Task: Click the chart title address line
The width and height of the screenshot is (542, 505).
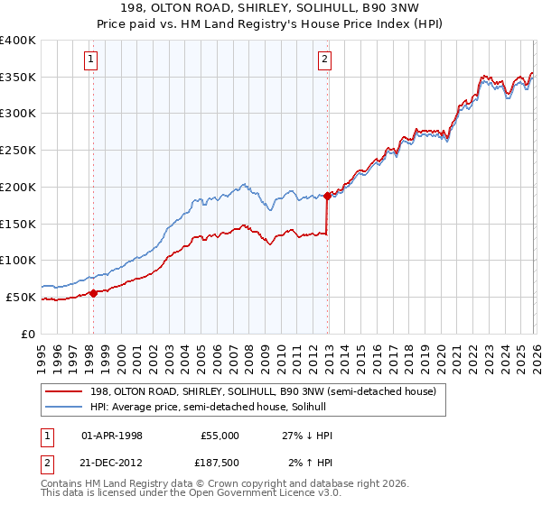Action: pyautogui.click(x=271, y=8)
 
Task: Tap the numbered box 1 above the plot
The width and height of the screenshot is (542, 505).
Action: pyautogui.click(x=92, y=60)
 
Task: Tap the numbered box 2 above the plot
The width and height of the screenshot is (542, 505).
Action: pyautogui.click(x=324, y=60)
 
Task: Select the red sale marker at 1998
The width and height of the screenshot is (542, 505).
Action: pyautogui.click(x=93, y=293)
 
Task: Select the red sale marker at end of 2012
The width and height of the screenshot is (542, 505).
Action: pyautogui.click(x=327, y=195)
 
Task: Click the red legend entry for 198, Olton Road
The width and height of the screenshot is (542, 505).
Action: pyautogui.click(x=262, y=391)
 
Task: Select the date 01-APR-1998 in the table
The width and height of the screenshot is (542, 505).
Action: pyautogui.click(x=111, y=436)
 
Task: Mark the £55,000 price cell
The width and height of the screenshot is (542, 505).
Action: pyautogui.click(x=220, y=436)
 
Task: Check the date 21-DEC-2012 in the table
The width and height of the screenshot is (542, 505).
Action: pyautogui.click(x=111, y=463)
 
